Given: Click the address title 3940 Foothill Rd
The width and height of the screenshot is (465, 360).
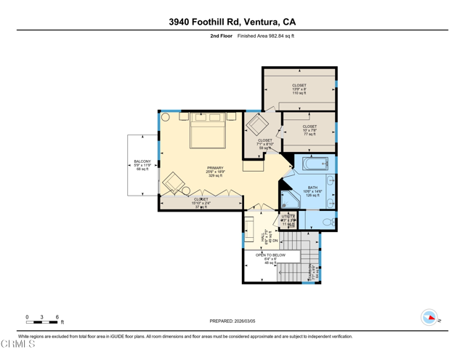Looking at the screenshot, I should coord(232,22).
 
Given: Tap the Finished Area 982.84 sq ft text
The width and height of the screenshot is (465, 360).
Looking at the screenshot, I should coord(266,36).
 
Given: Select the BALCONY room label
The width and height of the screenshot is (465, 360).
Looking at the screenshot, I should coord(142,165).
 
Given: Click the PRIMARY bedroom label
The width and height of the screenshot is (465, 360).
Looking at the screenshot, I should coord(215,172).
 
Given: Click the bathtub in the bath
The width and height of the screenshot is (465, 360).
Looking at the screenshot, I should coord(315,164).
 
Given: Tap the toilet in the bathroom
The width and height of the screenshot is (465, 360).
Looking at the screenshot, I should coord(328,222).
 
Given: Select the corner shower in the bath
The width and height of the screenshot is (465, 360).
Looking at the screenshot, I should coord(291,200).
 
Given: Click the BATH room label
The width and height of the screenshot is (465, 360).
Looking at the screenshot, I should coord(312,191).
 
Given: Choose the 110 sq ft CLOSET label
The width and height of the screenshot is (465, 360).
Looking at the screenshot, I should coord(299,89).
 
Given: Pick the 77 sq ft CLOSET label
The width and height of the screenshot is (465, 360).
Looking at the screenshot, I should coord(310,130).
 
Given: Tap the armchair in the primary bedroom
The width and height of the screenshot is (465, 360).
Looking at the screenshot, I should coord(174,183).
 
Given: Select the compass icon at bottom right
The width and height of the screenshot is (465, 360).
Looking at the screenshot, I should coord(430,317).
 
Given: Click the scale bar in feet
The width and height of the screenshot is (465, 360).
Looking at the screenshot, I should coord(42,321).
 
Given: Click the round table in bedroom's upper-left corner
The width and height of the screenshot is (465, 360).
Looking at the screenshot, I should coord(166,116).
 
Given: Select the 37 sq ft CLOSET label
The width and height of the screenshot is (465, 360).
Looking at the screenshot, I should coord(201,203).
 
